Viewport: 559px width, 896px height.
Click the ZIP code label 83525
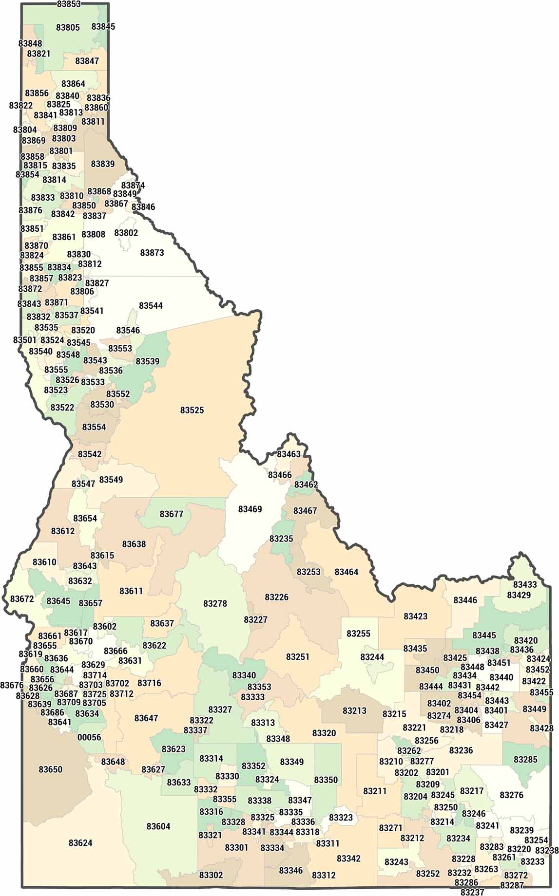point(192,410)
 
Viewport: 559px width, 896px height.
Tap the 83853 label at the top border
point(69,4)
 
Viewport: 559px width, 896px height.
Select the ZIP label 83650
point(51,769)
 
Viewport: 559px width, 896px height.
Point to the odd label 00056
point(89,737)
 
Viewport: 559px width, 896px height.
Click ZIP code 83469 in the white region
point(250,509)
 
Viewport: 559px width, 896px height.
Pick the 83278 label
point(215,603)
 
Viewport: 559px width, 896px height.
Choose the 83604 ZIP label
point(158,826)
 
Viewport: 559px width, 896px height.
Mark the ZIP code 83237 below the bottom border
point(472,892)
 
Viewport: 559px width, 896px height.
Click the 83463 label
point(289,454)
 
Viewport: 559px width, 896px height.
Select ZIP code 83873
point(152,253)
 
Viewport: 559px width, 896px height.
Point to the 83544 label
point(151,306)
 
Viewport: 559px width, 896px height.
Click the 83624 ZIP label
point(80,843)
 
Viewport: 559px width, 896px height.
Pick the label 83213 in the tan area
point(354,710)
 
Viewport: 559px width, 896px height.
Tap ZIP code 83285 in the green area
point(525,760)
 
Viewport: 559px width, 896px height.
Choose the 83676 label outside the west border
point(12,685)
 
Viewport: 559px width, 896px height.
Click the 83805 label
point(68,27)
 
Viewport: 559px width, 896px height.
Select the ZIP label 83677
point(172,514)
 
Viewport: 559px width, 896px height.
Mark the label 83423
point(415,616)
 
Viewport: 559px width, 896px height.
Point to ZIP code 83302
point(211,875)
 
